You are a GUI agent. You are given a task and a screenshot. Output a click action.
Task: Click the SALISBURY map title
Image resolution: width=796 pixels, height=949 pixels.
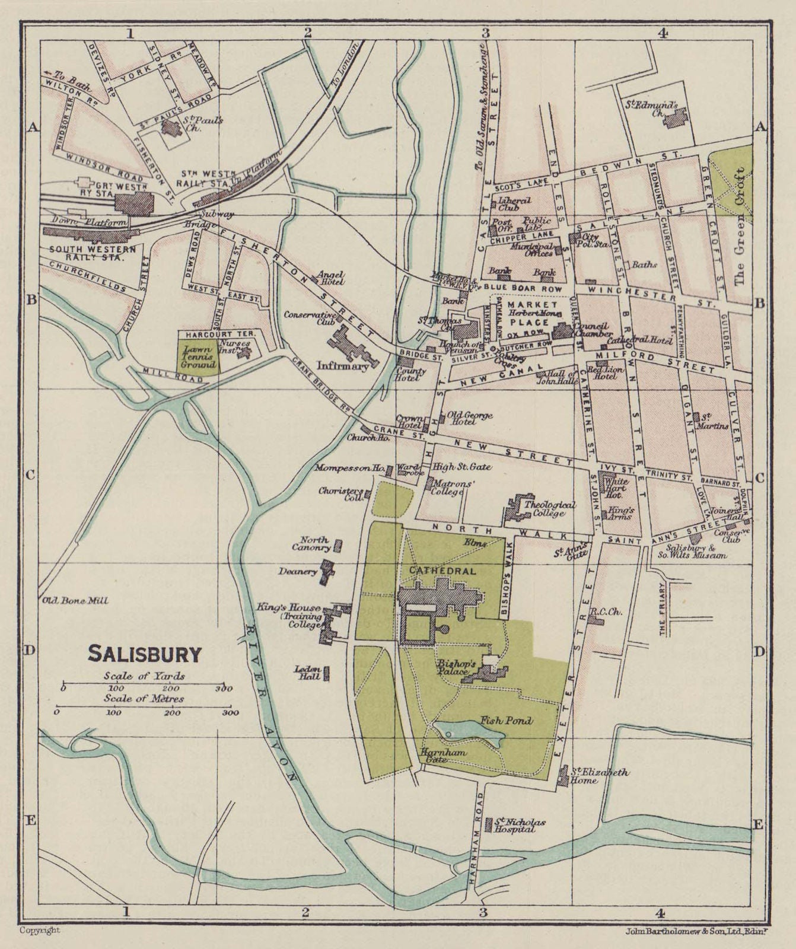point(145,654)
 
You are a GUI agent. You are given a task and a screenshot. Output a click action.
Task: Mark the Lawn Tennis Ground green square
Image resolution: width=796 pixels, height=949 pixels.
point(198,356)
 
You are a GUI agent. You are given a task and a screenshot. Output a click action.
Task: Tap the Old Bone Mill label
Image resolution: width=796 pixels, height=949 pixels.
point(75,601)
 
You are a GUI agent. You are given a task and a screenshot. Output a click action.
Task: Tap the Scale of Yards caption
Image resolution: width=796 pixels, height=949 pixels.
point(144,676)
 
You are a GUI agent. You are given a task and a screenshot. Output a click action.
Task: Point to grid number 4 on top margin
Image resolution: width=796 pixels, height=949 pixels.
point(663,34)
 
